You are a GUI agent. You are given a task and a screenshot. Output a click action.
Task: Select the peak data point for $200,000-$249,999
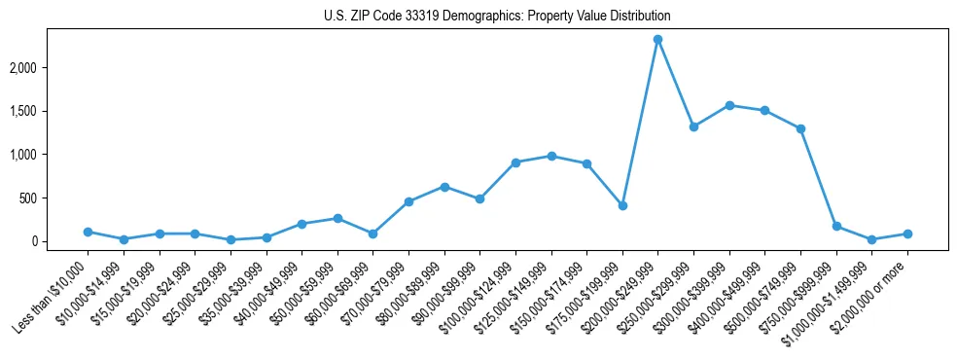pos(657,39)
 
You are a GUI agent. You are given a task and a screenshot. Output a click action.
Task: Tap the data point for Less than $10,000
pos(88,232)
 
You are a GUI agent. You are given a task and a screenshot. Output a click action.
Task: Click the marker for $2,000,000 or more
pos(907,234)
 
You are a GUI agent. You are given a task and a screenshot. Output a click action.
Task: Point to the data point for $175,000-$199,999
pos(622,205)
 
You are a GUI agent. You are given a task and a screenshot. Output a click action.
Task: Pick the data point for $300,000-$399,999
pos(729,105)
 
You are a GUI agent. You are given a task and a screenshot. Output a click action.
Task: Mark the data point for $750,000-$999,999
pos(836,226)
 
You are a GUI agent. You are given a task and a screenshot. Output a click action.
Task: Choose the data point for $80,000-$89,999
pos(444,187)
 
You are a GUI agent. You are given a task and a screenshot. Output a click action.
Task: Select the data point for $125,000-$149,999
pos(551,156)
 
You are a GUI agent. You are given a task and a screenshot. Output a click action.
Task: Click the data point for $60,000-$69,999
pos(372,234)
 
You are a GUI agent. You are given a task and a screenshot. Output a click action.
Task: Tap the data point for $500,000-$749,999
pos(800,128)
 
